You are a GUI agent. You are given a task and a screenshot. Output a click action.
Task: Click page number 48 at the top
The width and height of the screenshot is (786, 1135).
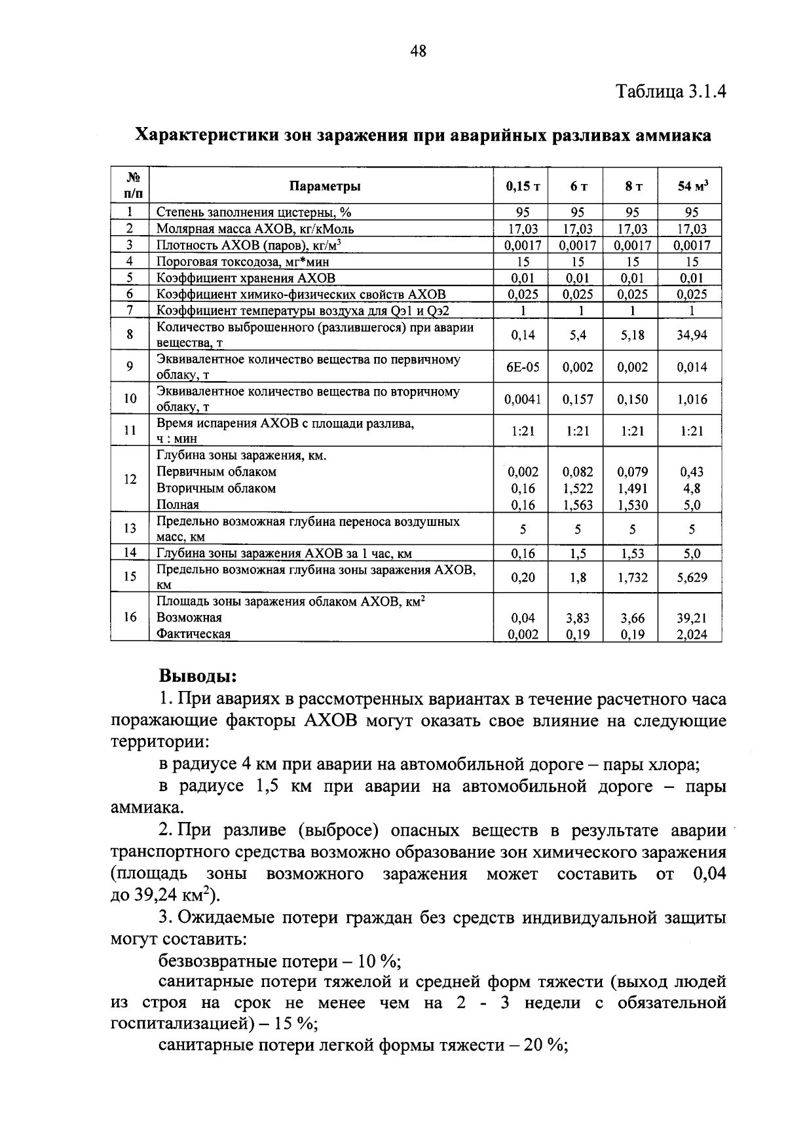tap(419, 51)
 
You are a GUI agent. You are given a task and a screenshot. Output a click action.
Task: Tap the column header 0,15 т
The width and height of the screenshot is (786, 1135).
tap(522, 187)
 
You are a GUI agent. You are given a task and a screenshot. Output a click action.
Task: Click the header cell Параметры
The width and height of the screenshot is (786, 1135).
tap(325, 186)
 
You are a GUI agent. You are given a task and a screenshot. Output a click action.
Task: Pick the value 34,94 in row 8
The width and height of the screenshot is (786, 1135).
tap(692, 335)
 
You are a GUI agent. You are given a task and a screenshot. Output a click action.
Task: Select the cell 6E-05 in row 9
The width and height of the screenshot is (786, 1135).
tap(523, 367)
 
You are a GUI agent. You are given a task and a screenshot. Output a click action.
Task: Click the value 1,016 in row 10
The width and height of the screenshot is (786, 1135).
tap(692, 400)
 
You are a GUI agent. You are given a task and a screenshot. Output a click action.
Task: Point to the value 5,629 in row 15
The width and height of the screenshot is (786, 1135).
tap(692, 578)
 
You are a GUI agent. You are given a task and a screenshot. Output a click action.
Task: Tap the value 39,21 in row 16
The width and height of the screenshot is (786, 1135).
tap(692, 618)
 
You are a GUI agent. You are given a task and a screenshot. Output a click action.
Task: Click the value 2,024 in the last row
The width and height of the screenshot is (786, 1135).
tap(692, 635)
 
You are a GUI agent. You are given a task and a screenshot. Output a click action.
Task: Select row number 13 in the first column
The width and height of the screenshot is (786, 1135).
tap(130, 529)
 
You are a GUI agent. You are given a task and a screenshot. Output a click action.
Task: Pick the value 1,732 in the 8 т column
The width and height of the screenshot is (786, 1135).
tap(632, 578)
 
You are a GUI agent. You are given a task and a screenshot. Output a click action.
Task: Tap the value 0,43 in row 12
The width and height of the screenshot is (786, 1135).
tap(691, 472)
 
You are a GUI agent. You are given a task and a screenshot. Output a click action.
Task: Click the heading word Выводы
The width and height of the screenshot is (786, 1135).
tap(198, 675)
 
